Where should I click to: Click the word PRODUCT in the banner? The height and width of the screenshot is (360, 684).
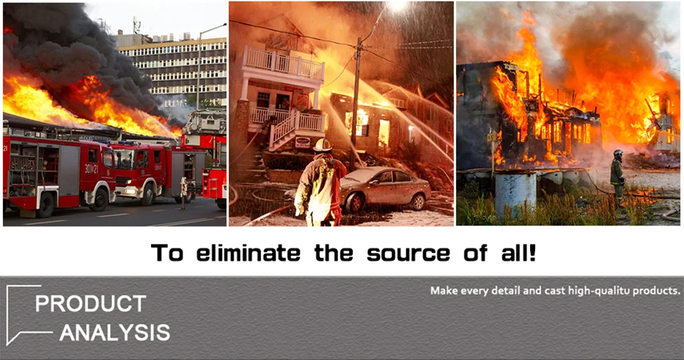coord(90,304)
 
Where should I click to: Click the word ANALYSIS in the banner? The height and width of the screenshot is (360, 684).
coord(115,333)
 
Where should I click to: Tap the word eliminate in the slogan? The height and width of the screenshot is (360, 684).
coord(248,253)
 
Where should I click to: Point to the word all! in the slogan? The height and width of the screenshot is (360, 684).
coord(519,253)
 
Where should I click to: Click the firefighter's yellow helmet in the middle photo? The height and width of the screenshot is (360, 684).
coord(322,145)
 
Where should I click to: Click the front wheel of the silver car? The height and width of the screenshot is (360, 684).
coord(354,203)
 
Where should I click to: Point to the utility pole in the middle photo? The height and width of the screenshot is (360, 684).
coord(356,104)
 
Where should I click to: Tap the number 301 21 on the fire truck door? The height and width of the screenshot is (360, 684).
coord(92,168)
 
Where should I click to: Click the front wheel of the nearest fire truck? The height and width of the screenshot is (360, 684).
coord(45,205)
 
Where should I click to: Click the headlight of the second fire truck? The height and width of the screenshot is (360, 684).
coord(129,190)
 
